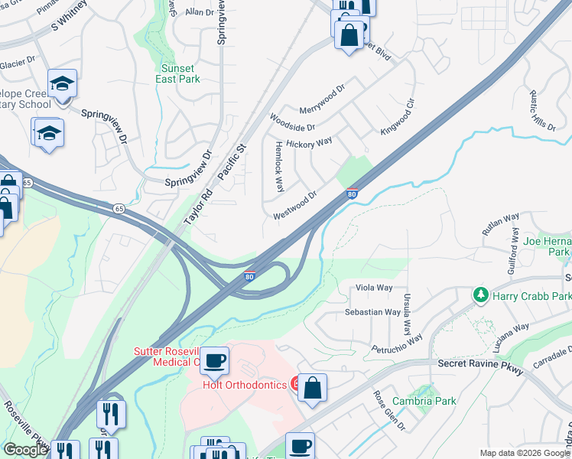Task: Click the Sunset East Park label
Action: (177, 73)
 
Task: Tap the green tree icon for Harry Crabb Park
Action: (481, 295)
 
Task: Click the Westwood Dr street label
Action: (295, 205)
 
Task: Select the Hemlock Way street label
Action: (279, 165)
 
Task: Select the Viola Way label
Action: (375, 288)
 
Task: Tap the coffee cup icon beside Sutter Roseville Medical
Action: (215, 360)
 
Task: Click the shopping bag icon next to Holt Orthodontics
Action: (312, 387)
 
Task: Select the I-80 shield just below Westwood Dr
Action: (352, 194)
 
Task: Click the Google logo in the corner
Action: (25, 450)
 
